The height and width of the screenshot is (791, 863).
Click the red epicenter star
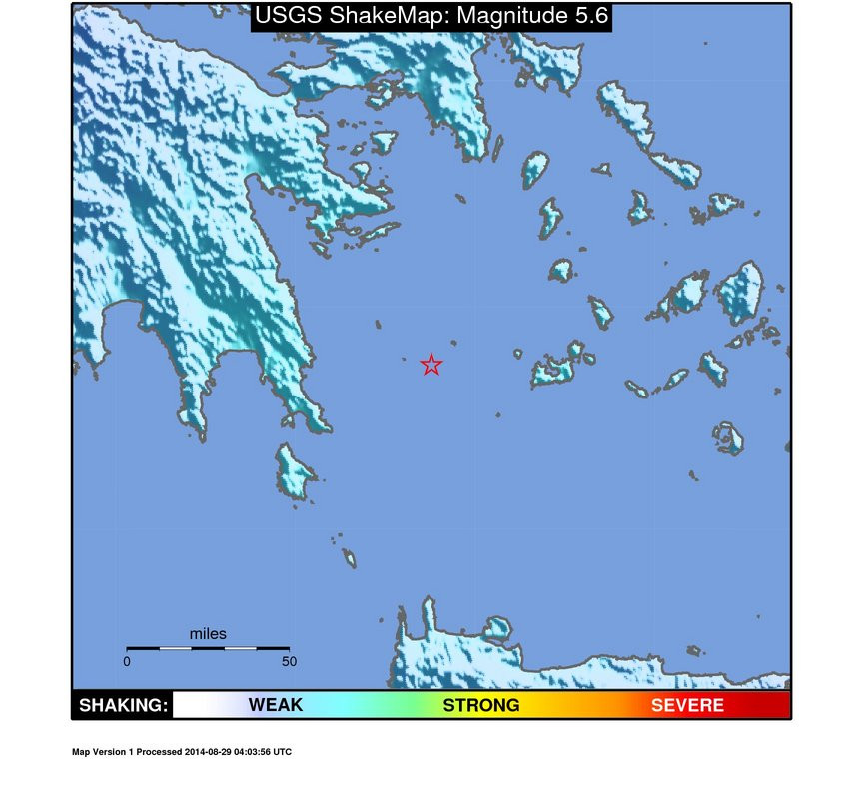[x=431, y=365]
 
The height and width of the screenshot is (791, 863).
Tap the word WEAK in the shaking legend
[x=275, y=705]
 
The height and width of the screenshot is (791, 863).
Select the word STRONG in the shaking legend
[x=481, y=705]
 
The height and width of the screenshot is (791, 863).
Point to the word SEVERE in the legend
[x=687, y=705]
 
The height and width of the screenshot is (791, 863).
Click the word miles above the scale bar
[x=208, y=634]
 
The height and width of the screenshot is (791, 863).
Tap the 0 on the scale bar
[x=127, y=661]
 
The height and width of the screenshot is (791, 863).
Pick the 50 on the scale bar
[x=289, y=661]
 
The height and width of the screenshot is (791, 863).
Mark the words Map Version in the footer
[x=98, y=752]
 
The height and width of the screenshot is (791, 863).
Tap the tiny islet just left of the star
[x=403, y=360]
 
